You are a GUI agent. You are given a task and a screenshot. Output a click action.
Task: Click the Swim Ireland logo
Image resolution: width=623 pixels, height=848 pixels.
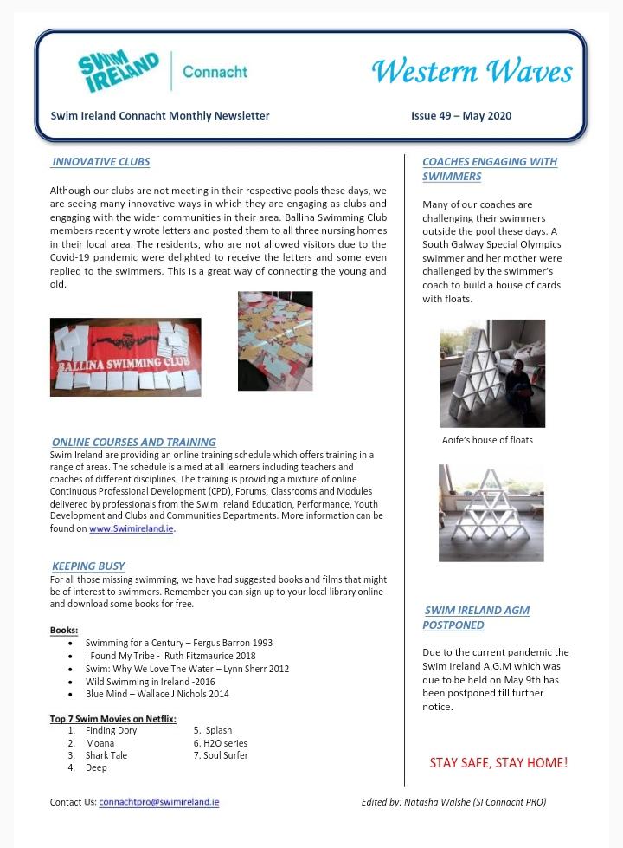(x=119, y=72)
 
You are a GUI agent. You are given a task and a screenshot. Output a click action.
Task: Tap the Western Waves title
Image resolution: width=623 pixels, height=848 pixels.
(x=472, y=71)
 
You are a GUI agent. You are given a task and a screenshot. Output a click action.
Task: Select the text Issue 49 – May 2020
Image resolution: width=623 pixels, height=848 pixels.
(x=462, y=115)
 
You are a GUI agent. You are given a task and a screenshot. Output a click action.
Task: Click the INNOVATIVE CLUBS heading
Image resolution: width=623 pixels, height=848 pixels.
(x=100, y=162)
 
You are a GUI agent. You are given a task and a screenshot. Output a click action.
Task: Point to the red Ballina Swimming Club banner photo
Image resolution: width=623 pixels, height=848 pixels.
(x=125, y=357)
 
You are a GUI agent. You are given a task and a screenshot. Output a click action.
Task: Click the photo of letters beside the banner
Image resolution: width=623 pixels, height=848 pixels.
(x=275, y=340)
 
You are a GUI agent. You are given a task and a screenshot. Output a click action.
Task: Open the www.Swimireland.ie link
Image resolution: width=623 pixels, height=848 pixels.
(x=132, y=528)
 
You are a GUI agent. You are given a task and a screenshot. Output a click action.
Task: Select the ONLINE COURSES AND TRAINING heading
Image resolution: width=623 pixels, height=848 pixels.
(x=133, y=442)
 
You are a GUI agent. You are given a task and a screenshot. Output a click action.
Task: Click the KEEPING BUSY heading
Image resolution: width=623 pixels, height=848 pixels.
(x=87, y=566)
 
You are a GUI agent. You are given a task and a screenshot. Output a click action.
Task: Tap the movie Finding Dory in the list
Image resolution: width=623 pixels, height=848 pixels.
(x=111, y=730)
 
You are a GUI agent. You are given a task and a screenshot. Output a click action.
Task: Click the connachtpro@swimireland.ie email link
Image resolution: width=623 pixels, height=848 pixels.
(x=158, y=802)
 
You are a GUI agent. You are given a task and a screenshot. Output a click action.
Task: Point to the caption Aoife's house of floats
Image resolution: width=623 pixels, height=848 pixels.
(x=487, y=440)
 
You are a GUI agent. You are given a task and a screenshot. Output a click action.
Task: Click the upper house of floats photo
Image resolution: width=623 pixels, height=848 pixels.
(x=491, y=373)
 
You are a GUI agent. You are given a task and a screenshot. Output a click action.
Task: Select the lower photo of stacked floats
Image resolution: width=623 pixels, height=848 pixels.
(x=491, y=513)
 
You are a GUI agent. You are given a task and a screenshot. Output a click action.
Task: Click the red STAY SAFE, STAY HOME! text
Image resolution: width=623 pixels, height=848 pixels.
(x=498, y=763)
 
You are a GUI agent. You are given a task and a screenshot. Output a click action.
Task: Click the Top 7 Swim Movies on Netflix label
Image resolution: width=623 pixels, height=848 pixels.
(x=112, y=718)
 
